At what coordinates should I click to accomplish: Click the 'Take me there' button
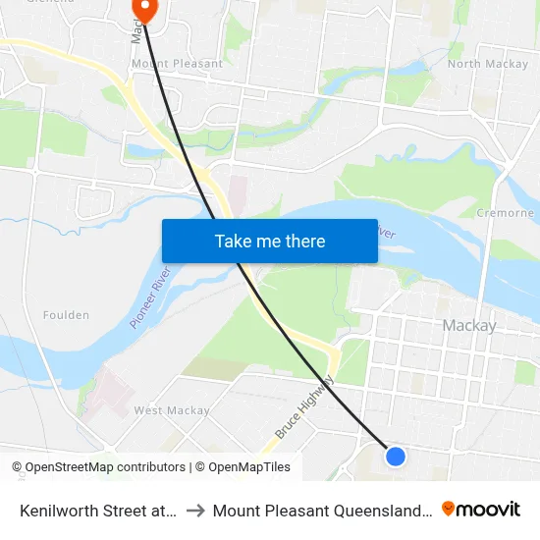pyautogui.click(x=270, y=241)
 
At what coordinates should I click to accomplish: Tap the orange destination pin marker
pyautogui.click(x=144, y=8)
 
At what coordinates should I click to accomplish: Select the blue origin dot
pyautogui.click(x=396, y=456)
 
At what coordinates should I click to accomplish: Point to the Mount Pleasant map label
pyautogui.click(x=177, y=64)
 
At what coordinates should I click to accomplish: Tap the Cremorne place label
pyautogui.click(x=505, y=213)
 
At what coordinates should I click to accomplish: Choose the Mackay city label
pyautogui.click(x=469, y=326)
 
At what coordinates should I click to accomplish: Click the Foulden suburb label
pyautogui.click(x=66, y=315)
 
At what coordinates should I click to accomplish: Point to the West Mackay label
pyautogui.click(x=172, y=410)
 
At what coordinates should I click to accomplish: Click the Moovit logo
pyautogui.click(x=481, y=509)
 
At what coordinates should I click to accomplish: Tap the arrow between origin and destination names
pyautogui.click(x=194, y=510)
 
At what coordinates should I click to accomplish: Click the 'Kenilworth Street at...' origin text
pyautogui.click(x=98, y=510)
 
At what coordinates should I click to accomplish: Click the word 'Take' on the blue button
pyautogui.click(x=233, y=241)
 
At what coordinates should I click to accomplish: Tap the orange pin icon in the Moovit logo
pyautogui.click(x=449, y=509)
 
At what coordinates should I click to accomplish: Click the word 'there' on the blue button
pyautogui.click(x=304, y=241)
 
